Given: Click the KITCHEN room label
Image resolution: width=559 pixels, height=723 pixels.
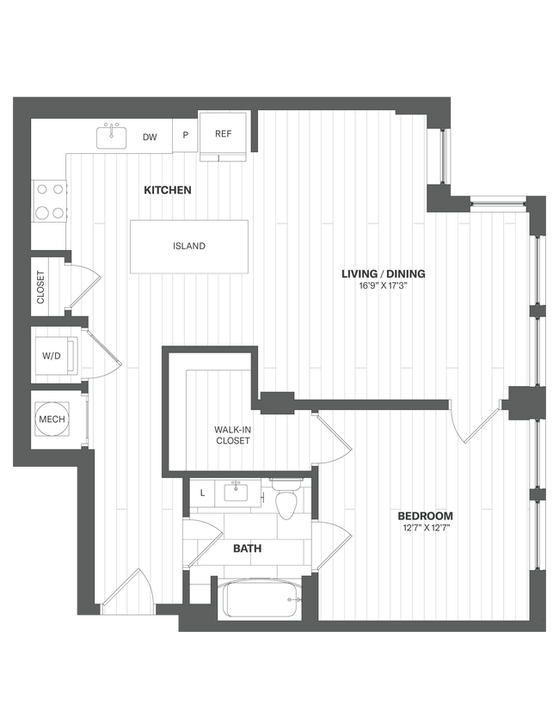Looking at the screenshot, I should coord(168,190).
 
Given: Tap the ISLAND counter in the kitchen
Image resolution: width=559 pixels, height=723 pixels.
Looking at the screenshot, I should coord(189,247).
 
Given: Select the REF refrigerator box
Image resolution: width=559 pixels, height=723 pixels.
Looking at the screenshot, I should coord(224,134).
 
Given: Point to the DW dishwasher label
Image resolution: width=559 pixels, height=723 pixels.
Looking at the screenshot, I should coord(150,137).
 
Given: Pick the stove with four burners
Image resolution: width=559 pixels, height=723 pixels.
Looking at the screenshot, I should coord(49,201).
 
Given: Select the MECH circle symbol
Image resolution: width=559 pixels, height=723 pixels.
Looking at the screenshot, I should coord(51,420).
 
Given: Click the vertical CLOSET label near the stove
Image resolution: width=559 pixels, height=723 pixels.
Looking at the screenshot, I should coord(40,288).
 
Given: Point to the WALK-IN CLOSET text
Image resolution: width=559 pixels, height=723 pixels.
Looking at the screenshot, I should coord(232,435).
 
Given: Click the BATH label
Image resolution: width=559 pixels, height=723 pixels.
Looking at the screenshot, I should coord(248,548).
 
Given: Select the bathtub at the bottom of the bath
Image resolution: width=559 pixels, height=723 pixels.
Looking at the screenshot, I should coord(261,599).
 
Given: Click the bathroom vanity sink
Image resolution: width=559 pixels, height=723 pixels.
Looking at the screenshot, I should coord(233,493).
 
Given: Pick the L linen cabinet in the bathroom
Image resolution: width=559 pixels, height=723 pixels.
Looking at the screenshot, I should coord(202,493).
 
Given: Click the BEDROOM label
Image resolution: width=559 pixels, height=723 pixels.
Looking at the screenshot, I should coord(425,516).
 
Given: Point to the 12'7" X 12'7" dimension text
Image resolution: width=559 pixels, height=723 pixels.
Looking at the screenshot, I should coord(425,528).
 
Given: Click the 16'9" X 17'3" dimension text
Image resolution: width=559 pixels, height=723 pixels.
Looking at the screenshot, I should coord(384,286).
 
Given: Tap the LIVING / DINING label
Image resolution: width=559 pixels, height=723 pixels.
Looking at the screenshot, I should coord(384,274).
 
